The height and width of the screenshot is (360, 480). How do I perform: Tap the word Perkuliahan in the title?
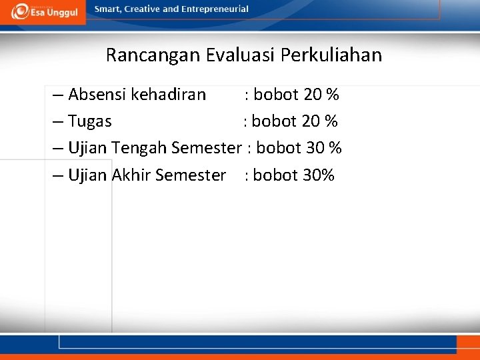pyautogui.click(x=331, y=55)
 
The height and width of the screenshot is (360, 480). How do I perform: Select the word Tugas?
pyautogui.click(x=90, y=121)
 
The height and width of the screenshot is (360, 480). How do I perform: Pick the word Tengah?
pyautogui.click(x=139, y=148)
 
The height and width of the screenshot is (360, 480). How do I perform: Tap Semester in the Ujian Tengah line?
pyautogui.click(x=205, y=148)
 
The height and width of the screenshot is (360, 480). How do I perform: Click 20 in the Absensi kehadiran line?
pyautogui.click(x=313, y=95)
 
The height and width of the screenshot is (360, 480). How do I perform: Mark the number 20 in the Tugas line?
pyautogui.click(x=311, y=121)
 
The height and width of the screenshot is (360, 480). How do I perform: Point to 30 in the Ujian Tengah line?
pyautogui.click(x=315, y=148)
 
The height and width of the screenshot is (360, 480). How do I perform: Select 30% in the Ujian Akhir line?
pyautogui.click(x=318, y=175)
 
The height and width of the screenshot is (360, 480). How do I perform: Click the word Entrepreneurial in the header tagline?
pyautogui.click(x=215, y=9)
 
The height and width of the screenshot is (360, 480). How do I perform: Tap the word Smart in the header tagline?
pyautogui.click(x=109, y=9)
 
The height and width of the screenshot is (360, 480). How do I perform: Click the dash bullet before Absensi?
pyautogui.click(x=57, y=95)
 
